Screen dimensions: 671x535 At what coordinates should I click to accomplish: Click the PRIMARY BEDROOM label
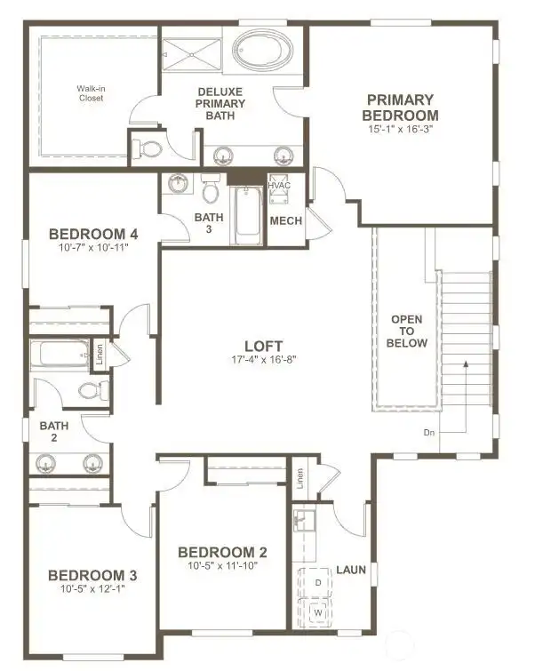point(402,108)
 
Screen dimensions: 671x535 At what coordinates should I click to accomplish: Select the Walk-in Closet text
point(90,93)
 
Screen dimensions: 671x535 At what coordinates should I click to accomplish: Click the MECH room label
point(285,221)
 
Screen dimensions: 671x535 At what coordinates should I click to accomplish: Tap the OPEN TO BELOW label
point(408,331)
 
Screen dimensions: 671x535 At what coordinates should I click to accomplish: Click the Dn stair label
point(429,434)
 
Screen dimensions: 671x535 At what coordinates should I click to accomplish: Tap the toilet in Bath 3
point(211,190)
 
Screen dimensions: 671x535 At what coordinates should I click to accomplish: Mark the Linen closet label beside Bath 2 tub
point(100,355)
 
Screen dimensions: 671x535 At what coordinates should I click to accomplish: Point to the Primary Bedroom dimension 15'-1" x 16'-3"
point(402,130)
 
